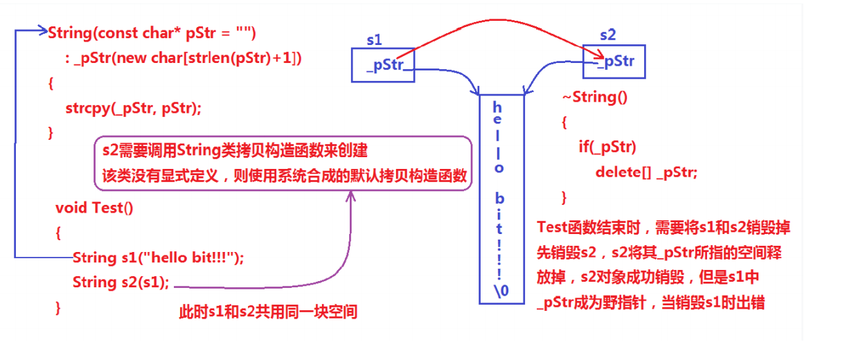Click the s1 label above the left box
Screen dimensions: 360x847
(x=374, y=40)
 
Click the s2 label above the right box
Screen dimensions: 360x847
(x=607, y=35)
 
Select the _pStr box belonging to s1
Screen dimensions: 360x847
(x=383, y=65)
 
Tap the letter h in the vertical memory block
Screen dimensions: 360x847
(x=497, y=107)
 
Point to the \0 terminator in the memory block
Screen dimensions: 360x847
(x=501, y=291)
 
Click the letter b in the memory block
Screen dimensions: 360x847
(x=499, y=199)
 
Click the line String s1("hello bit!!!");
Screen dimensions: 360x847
(x=158, y=258)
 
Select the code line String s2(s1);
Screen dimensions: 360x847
(x=121, y=282)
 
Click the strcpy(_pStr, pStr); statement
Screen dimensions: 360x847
(x=133, y=108)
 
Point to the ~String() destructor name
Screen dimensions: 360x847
(x=594, y=97)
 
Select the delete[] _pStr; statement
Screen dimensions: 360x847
(x=646, y=172)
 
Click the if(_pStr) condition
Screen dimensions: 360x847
(x=607, y=147)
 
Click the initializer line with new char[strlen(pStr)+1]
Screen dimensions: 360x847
(x=184, y=58)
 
